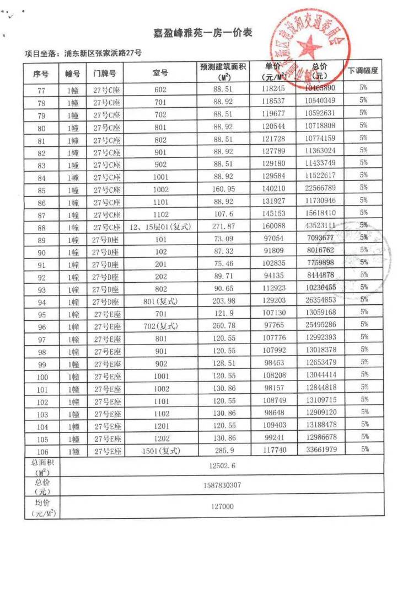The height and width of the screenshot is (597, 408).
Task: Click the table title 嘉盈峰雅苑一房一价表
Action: coord(203,33)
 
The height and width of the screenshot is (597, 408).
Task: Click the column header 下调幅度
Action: coord(363,71)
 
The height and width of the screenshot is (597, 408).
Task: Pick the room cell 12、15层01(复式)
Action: coord(160,226)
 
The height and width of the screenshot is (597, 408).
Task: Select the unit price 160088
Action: coord(273,225)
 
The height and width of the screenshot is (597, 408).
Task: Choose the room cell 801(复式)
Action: coord(160,301)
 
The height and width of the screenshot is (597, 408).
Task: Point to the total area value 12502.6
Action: coord(222,466)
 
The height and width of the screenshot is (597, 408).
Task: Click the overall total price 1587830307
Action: coord(222,485)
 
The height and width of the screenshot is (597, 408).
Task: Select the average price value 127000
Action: coord(222,506)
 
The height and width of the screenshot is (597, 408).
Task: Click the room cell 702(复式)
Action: coord(160,326)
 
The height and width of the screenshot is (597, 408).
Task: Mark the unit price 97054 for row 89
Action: coord(273,238)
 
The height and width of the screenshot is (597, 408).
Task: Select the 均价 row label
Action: coord(41,506)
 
